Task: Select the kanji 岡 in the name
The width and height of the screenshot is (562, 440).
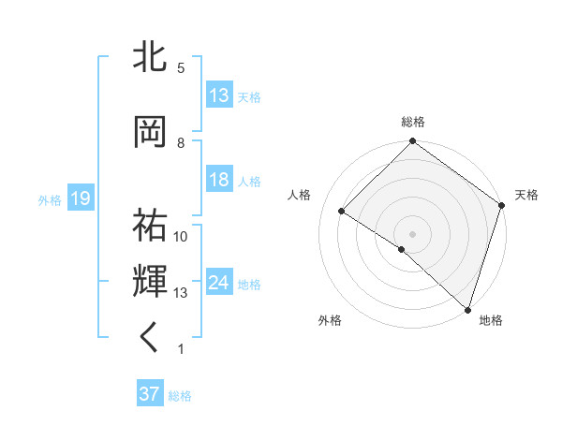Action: point(151,132)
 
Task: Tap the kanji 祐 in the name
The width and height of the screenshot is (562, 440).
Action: point(151,226)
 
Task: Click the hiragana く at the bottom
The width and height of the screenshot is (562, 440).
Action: point(151,338)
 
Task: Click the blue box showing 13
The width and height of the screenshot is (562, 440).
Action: point(219,95)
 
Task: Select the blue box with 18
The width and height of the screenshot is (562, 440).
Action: point(219,180)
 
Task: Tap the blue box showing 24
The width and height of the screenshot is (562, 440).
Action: point(219,283)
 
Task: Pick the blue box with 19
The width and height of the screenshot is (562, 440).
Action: point(81,198)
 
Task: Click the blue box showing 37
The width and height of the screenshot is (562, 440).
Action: point(150,395)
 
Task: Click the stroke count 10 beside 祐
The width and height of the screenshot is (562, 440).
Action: point(181,237)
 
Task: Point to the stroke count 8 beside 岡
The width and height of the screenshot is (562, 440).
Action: point(181,143)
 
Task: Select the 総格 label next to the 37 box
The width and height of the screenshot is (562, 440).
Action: point(180,396)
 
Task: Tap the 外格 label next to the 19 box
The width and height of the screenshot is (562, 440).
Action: point(50,199)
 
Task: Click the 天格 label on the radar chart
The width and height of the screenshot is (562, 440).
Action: point(526,195)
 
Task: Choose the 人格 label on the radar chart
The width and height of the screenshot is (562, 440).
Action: point(300,195)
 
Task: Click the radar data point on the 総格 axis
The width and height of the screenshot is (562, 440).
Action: point(412,142)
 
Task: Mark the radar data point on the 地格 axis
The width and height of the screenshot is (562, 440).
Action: point(467,309)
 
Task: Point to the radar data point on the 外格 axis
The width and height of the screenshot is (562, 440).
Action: point(401,249)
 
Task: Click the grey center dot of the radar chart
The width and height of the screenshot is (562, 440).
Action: point(412,233)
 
